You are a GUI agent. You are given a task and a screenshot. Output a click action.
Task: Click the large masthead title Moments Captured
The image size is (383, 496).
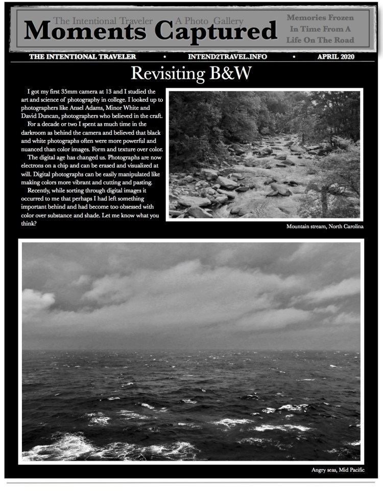tap(150, 32)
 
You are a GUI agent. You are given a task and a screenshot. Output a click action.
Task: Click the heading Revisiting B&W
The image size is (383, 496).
tap(191, 74)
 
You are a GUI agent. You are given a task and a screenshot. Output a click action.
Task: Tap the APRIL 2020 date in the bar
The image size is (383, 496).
tap(336, 56)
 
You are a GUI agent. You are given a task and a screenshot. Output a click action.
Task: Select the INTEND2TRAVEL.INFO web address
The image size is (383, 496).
tap(227, 56)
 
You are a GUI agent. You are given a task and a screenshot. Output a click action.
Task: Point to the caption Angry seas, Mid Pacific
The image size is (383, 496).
tap(338, 469)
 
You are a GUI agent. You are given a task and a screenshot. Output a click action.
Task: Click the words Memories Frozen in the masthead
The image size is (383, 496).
tap(320, 18)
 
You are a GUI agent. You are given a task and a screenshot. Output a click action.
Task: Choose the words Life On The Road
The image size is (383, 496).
tap(320, 40)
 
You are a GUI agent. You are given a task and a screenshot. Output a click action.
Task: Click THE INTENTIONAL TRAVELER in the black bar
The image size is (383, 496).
tap(83, 56)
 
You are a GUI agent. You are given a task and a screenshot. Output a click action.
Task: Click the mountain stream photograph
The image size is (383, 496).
tap(265, 154)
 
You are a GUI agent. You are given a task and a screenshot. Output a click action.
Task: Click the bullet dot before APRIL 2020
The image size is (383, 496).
tap(294, 56)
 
